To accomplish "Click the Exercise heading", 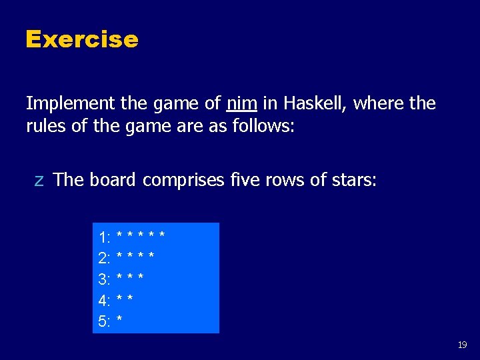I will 81,39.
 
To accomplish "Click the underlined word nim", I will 242,103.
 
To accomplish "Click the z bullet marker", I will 39,180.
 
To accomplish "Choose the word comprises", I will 183,180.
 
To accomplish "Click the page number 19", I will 462,345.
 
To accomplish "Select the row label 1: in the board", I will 105,237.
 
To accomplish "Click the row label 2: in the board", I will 105,258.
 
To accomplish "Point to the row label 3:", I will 105,279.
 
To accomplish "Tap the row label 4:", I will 105,301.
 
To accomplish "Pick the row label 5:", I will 105,322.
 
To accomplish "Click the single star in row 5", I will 119,321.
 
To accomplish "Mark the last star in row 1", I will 162,235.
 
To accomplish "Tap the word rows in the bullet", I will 288,180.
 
